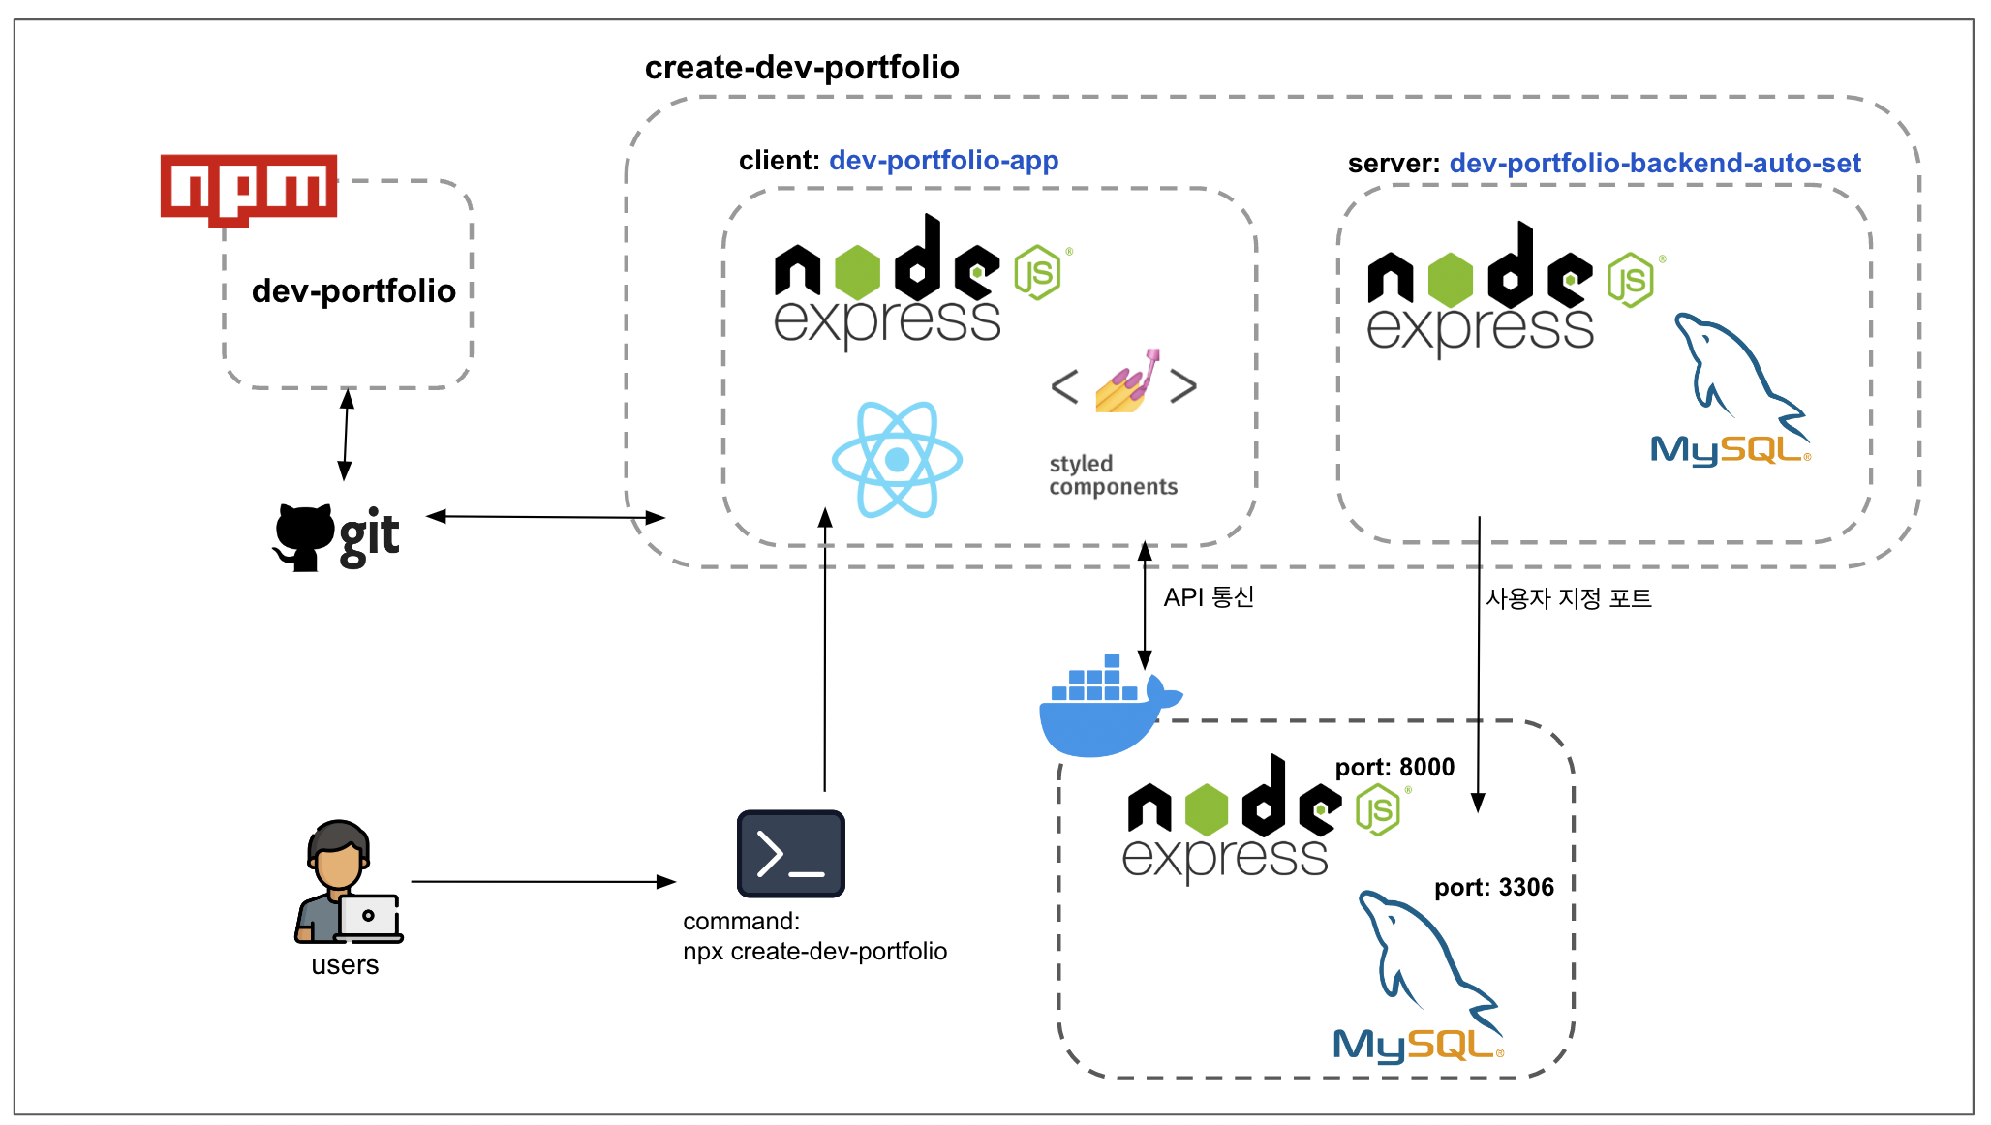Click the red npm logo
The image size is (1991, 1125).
(249, 188)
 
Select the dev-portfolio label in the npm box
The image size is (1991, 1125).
(353, 290)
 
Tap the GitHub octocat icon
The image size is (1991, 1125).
(303, 536)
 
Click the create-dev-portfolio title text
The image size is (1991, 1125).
(802, 68)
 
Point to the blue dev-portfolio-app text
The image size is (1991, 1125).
(944, 160)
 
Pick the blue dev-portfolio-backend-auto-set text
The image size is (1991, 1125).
(1655, 163)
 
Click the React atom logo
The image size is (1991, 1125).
(897, 459)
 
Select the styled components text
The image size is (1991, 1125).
(1113, 475)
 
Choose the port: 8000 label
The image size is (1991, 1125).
(1394, 767)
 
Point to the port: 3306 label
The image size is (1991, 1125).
(1494, 887)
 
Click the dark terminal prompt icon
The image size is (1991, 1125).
(791, 854)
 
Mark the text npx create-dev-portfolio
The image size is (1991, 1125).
(814, 951)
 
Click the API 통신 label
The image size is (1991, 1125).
(1209, 596)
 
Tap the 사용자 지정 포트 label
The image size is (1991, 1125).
(1569, 598)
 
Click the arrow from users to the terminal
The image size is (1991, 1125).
(542, 882)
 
